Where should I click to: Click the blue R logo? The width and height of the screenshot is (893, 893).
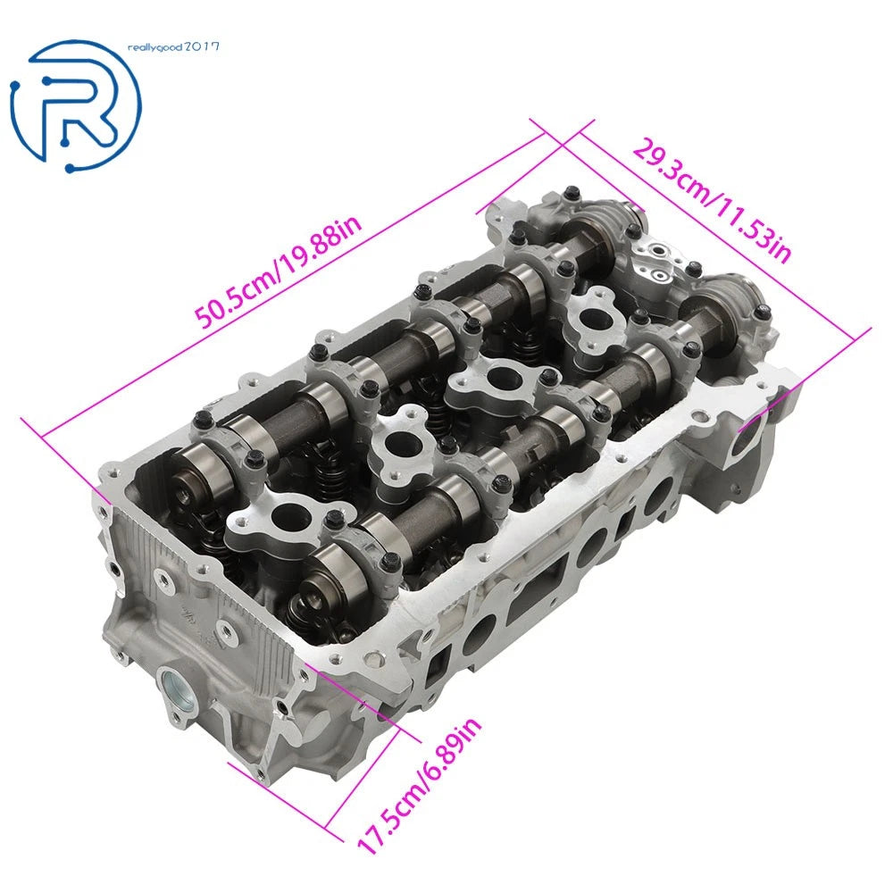coord(75,106)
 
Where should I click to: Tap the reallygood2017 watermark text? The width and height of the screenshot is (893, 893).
coord(173,46)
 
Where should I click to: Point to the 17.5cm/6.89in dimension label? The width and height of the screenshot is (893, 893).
coord(419,785)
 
